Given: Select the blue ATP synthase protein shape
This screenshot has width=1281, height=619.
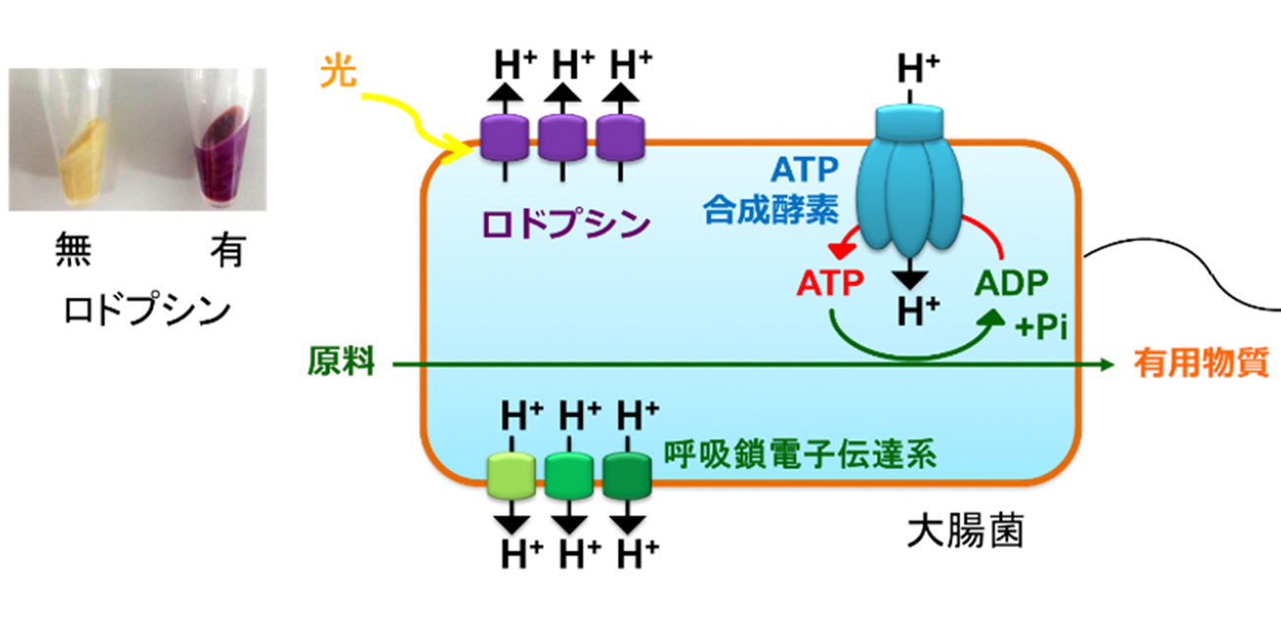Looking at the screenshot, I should pyautogui.click(x=908, y=177).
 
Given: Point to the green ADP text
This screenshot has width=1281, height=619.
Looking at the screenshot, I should pyautogui.click(x=1011, y=283).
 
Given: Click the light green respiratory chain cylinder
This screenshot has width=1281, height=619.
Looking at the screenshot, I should pyautogui.click(x=510, y=474).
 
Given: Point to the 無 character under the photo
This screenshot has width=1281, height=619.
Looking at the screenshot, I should pyautogui.click(x=73, y=253).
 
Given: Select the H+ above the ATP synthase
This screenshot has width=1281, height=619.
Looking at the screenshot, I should pyautogui.click(x=917, y=70).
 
